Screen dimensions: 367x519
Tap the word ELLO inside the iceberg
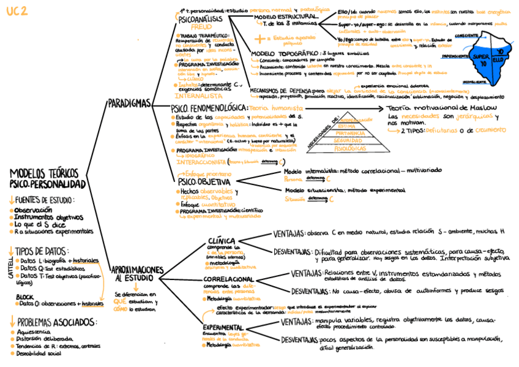click(x=497, y=61)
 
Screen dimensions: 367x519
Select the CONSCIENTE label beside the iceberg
click(x=469, y=36)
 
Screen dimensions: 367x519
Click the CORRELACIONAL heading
click(x=223, y=279)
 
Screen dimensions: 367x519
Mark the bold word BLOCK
click(x=25, y=297)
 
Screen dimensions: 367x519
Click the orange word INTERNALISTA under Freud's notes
click(x=198, y=96)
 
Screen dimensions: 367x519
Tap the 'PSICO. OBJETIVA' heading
click(x=204, y=182)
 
